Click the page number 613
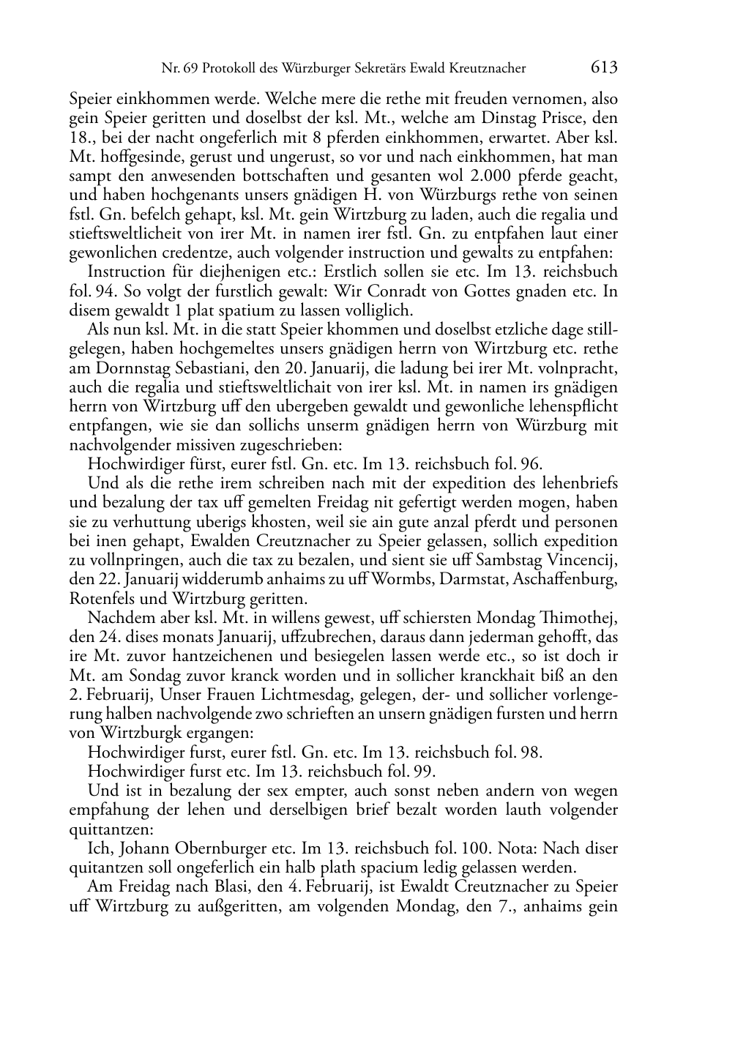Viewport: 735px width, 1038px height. pos(604,68)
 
